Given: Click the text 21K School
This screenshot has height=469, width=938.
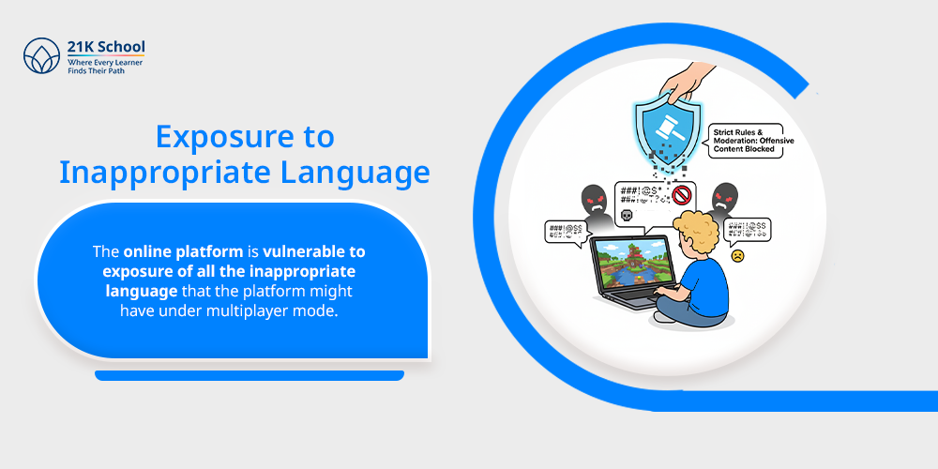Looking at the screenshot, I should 106,47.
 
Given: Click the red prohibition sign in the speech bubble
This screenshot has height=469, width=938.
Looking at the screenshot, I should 682,196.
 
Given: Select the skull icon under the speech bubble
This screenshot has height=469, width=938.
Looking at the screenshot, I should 628,217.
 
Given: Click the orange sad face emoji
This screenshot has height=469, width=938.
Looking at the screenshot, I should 737,255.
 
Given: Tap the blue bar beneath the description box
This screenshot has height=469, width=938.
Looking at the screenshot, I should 250,375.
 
